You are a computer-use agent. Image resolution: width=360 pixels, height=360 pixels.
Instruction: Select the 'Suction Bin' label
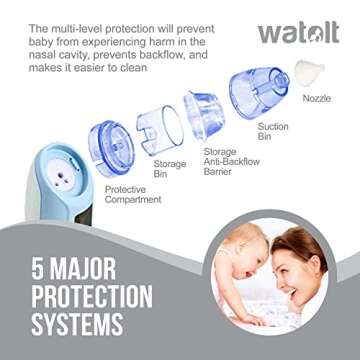click(272, 133)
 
